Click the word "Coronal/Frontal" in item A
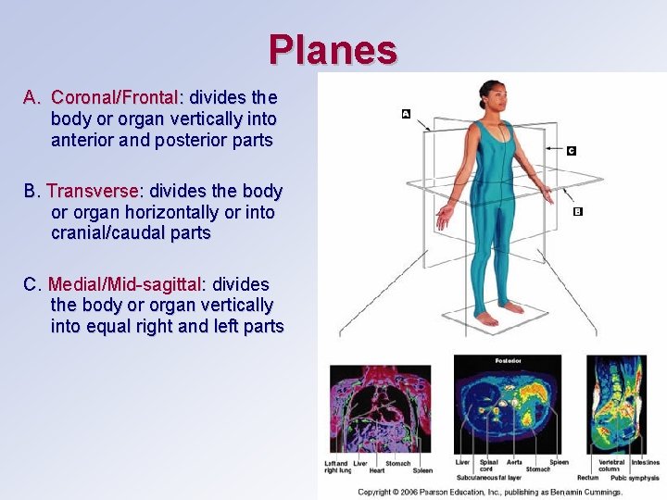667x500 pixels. coord(115,97)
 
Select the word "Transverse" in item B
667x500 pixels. coord(93,191)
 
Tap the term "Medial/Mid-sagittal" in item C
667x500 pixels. coord(125,284)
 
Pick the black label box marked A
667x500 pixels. coord(406,114)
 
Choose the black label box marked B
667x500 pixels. coord(578,212)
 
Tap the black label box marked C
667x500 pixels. coord(571,150)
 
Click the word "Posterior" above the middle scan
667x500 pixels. coord(508,361)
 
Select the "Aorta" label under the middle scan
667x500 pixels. coord(514,462)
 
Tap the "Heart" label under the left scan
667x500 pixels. coord(377,470)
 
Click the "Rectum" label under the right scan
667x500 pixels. coord(587,478)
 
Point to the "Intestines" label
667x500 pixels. coord(645,462)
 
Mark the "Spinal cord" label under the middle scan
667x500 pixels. coord(487,466)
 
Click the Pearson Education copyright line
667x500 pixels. coord(490,492)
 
